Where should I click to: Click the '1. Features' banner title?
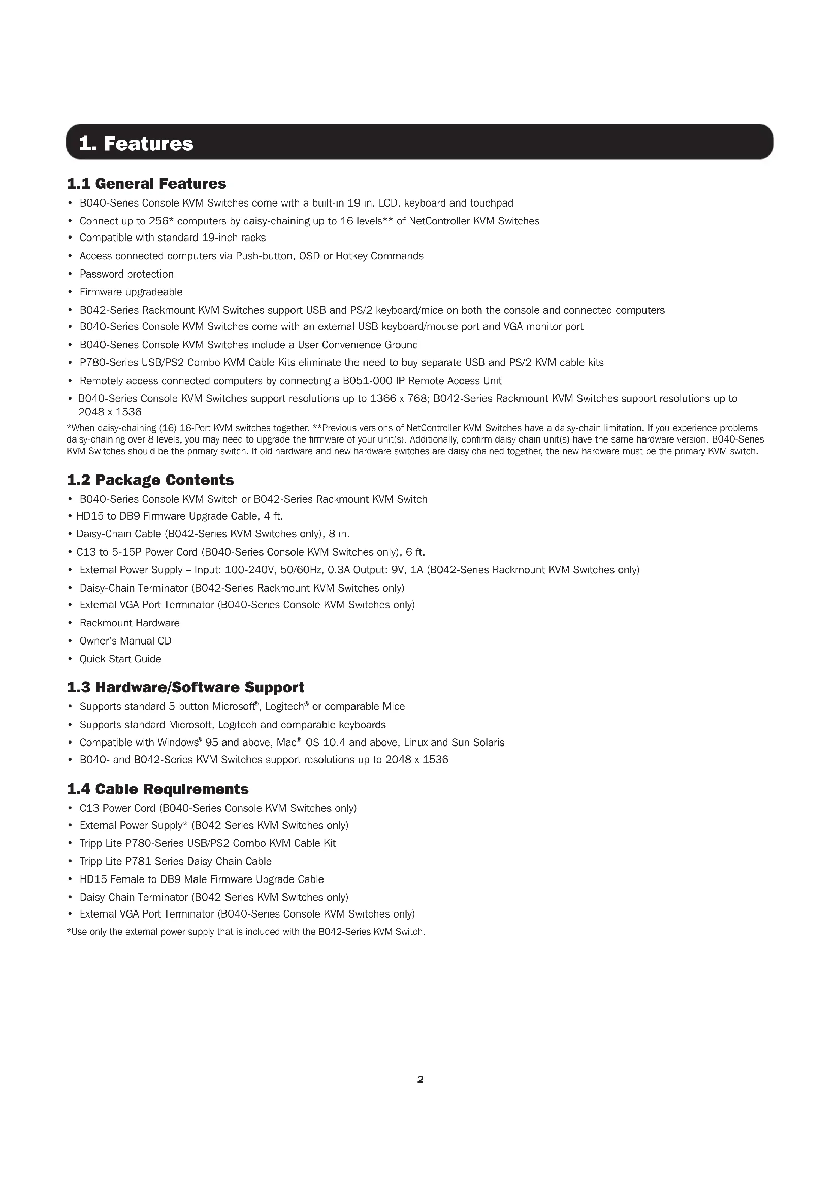point(136,143)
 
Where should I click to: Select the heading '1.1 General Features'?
point(146,184)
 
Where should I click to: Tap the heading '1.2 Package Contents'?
point(150,480)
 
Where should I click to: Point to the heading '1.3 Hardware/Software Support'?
point(185,687)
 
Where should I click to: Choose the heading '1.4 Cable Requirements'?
point(158,789)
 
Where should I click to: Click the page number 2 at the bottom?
point(420,1079)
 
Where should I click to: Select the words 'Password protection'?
point(127,274)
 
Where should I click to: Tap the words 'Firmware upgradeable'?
point(131,292)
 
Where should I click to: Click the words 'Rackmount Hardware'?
point(130,623)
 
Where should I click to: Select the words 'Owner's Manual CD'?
point(125,641)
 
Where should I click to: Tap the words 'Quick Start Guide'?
point(120,659)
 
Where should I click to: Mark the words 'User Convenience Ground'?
point(369,345)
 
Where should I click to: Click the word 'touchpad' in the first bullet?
point(492,203)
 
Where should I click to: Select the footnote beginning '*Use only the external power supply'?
point(246,932)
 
